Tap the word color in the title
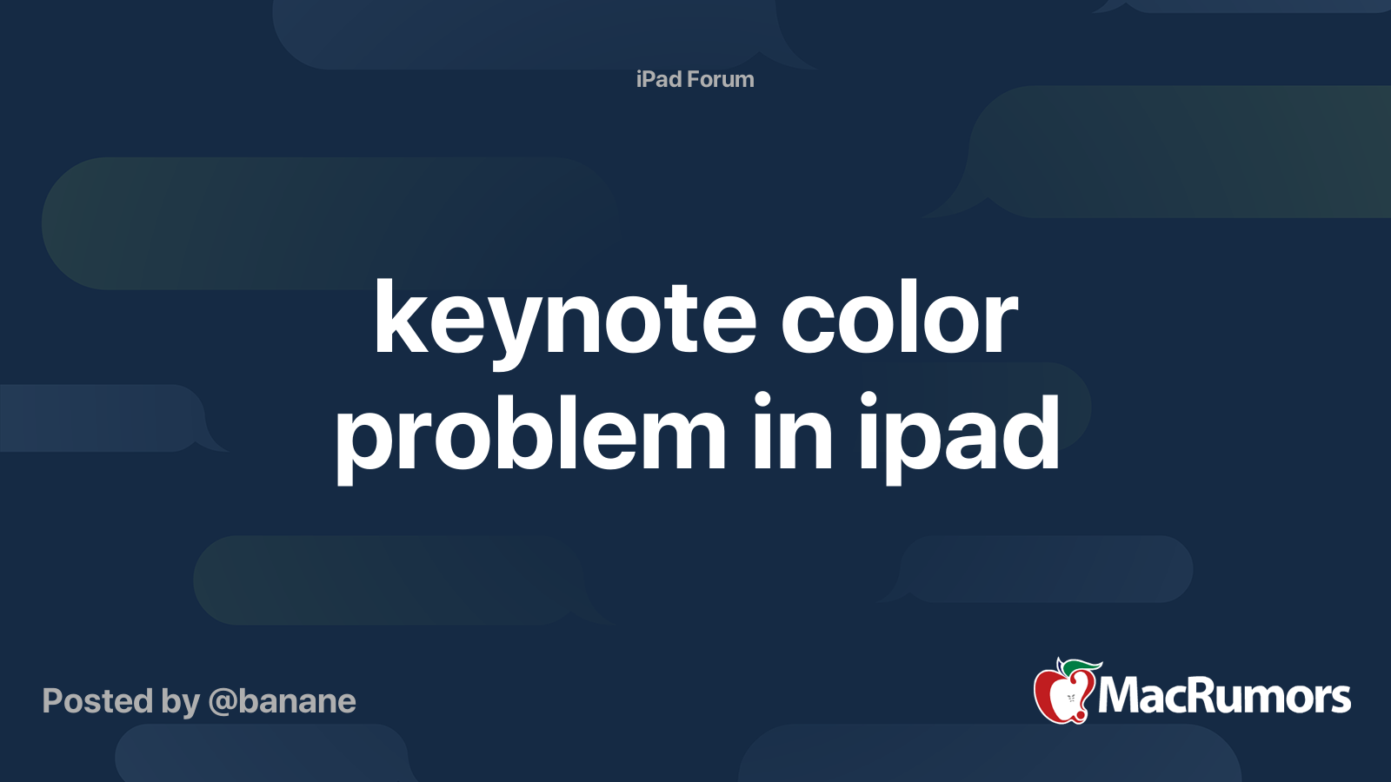click(x=899, y=316)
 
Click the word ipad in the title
click(x=960, y=438)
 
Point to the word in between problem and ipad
click(x=793, y=430)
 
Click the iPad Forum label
click(x=695, y=79)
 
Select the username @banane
click(x=282, y=702)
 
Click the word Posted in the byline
click(x=97, y=700)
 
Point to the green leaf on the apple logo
click(x=1081, y=668)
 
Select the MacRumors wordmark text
click(x=1224, y=696)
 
